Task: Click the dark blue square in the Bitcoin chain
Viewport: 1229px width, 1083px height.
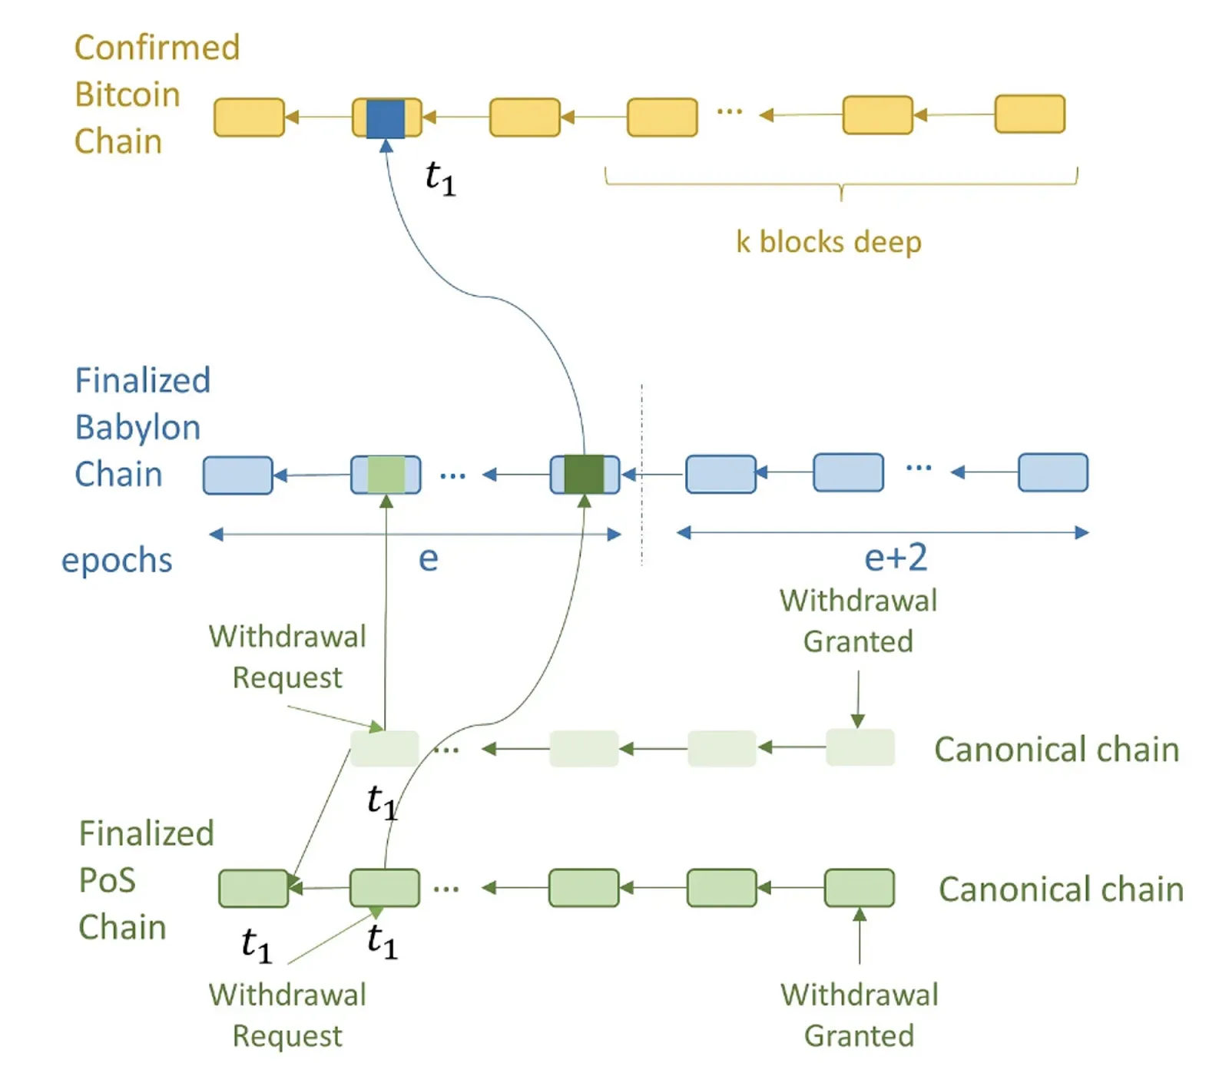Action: (x=385, y=118)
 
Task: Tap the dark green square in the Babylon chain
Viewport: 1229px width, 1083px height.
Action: (x=584, y=474)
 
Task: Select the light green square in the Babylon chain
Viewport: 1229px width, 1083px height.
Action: (x=386, y=474)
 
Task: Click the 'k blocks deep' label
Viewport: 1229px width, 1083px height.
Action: (x=828, y=242)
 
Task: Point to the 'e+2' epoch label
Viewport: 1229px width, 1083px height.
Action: (x=896, y=558)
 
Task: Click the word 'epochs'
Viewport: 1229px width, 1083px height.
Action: (x=117, y=560)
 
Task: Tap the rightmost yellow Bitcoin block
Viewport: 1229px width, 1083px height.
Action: (x=1029, y=114)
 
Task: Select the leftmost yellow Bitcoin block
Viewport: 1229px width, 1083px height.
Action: (x=249, y=118)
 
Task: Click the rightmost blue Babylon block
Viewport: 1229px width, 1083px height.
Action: (x=1052, y=472)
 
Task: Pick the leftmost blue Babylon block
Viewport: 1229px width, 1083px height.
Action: (x=237, y=475)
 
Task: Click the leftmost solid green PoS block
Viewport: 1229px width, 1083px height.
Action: (x=253, y=889)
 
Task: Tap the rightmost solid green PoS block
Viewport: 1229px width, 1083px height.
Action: (x=859, y=888)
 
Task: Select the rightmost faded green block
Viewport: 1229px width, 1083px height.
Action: (x=860, y=747)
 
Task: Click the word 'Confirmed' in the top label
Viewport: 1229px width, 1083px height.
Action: (x=157, y=48)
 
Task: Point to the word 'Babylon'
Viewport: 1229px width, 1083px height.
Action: (x=137, y=428)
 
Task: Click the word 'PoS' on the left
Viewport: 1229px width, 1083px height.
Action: (x=107, y=880)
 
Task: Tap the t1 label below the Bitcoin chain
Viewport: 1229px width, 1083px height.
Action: (x=440, y=177)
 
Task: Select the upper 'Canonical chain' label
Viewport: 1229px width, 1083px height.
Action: (x=1056, y=750)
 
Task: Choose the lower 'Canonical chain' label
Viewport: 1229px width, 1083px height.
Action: (x=1061, y=889)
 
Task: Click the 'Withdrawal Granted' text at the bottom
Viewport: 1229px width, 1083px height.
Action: (x=859, y=1015)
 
